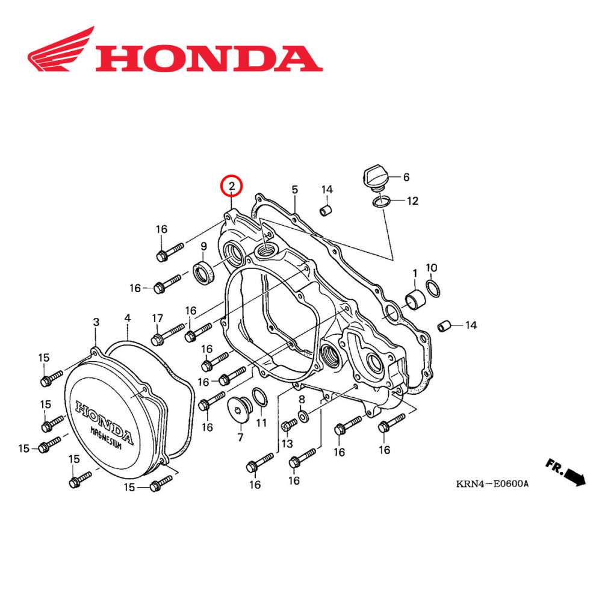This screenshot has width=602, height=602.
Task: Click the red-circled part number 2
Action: tap(232, 186)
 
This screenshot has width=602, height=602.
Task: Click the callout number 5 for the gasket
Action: tap(294, 190)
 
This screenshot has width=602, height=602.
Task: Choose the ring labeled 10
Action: tap(432, 285)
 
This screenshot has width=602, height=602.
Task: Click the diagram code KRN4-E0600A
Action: tap(491, 483)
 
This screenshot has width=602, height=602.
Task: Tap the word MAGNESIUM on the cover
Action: tap(110, 439)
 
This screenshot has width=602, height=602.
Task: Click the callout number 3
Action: tap(96, 323)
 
